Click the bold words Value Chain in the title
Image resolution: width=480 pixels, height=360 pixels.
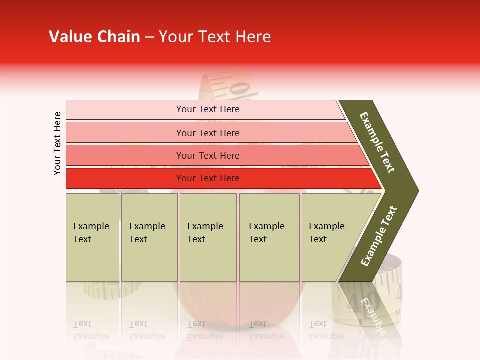click(94, 37)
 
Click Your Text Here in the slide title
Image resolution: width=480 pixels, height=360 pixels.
click(215, 37)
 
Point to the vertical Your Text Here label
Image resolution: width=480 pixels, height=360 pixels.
click(57, 143)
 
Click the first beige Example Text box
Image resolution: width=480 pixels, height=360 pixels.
click(92, 237)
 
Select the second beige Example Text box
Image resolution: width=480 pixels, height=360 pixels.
click(149, 237)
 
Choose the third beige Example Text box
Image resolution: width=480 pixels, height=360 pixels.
click(208, 237)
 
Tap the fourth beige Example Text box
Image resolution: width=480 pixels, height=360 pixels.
click(269, 237)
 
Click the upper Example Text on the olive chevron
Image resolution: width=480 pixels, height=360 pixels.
click(378, 142)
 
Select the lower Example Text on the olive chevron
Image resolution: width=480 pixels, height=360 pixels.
click(379, 236)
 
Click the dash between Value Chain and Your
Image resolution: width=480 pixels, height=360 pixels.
click(149, 37)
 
